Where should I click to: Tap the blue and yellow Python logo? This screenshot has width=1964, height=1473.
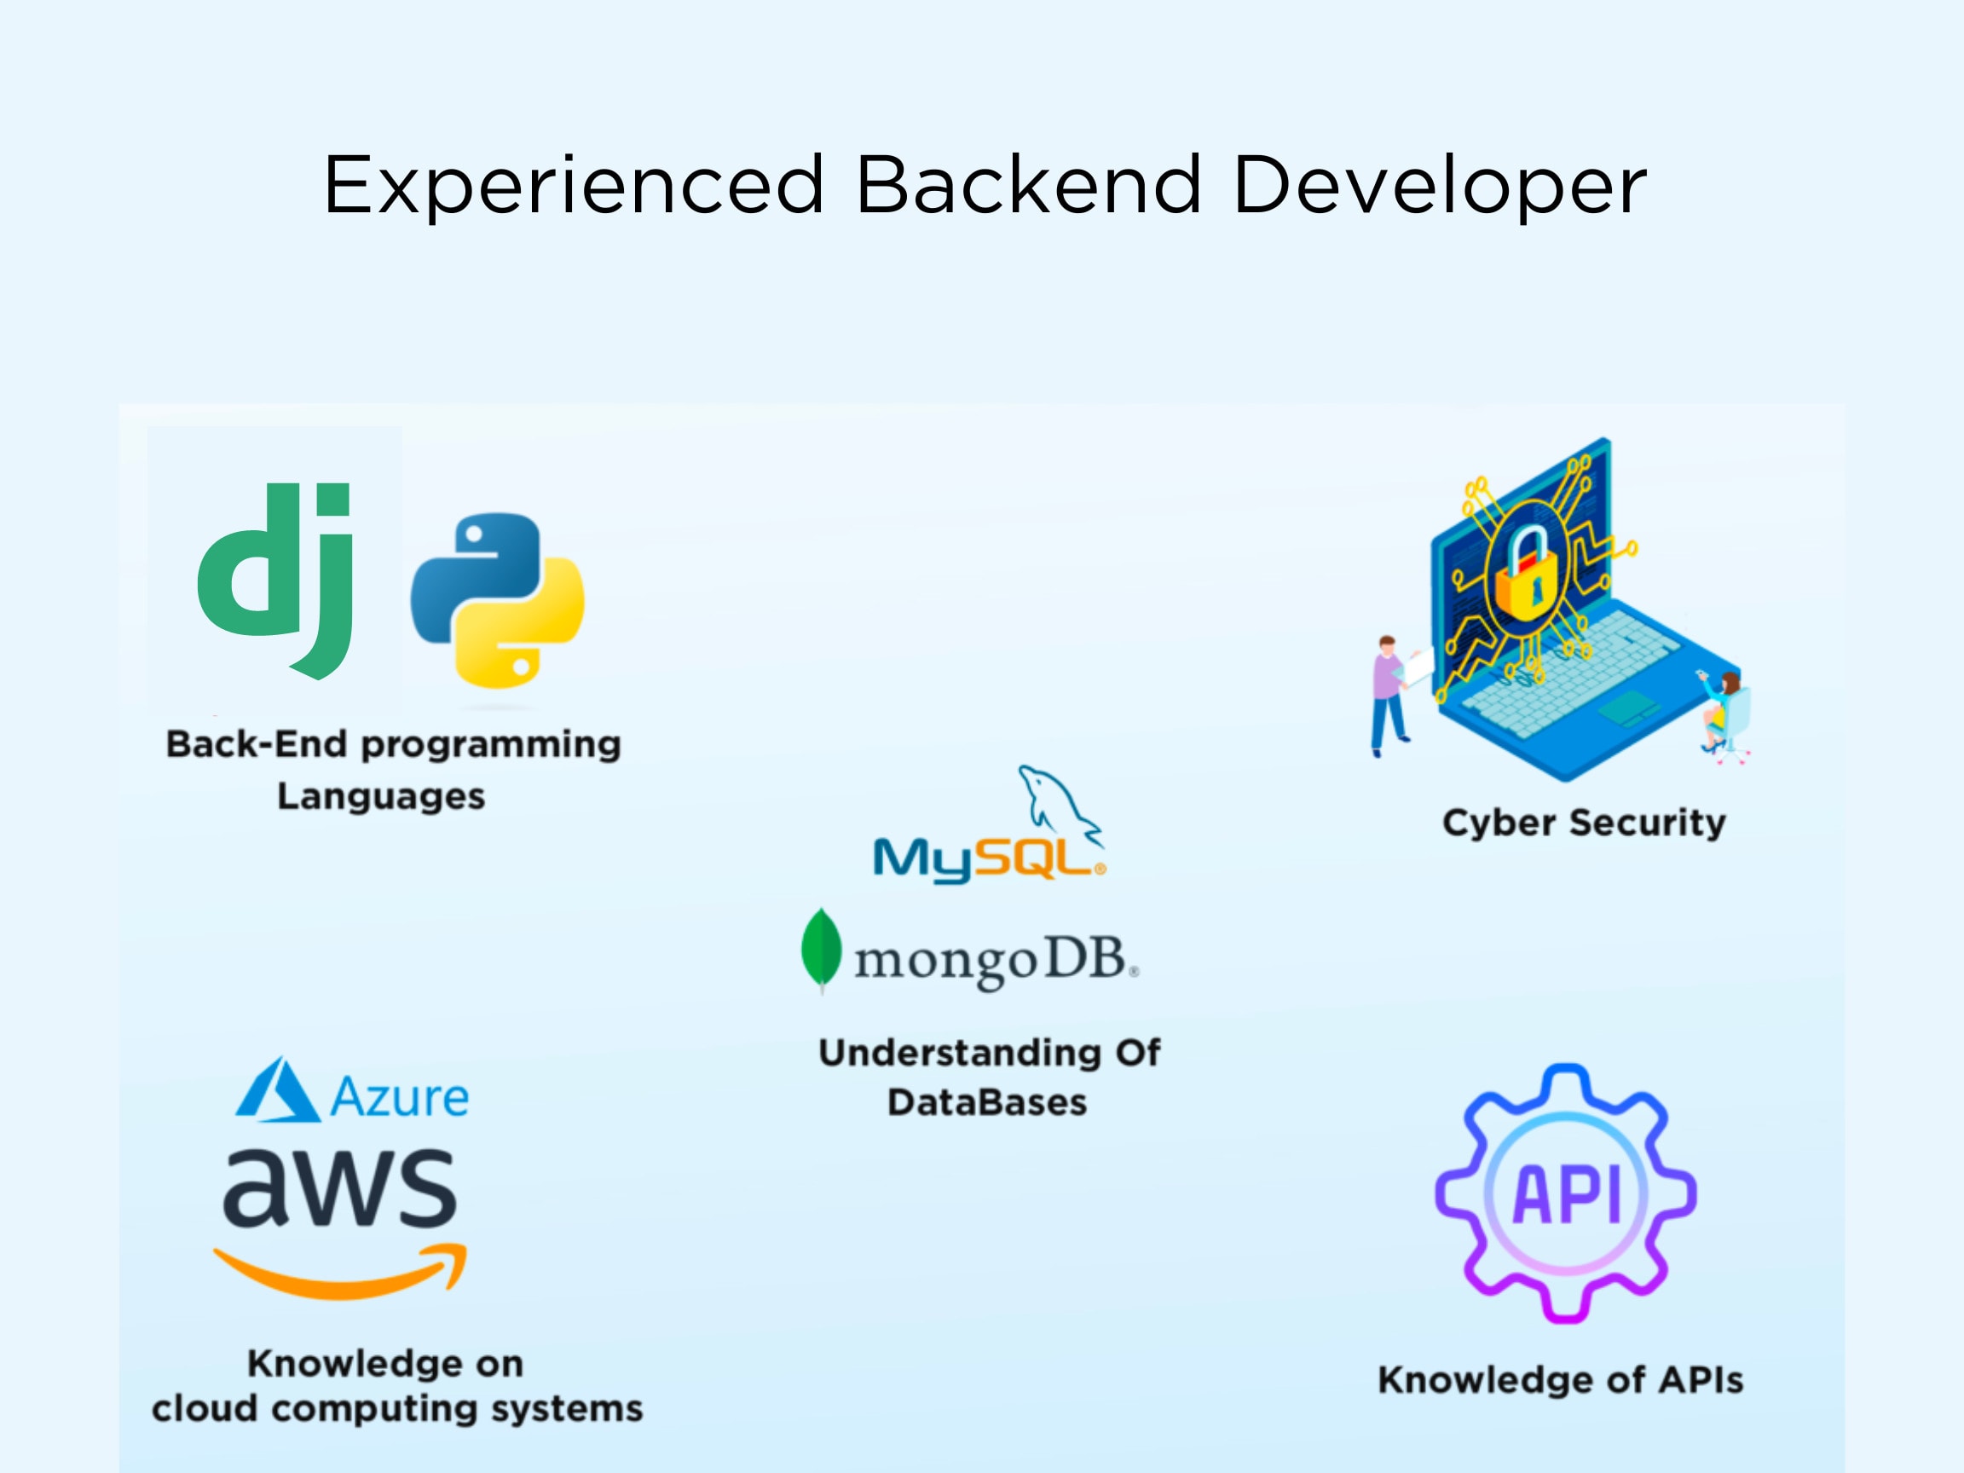click(497, 600)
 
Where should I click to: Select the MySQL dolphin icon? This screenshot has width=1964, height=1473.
click(1060, 805)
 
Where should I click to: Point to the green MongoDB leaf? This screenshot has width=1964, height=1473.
click(821, 948)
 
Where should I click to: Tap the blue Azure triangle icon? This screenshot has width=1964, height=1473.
click(277, 1089)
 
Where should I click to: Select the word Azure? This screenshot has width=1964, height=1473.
click(400, 1097)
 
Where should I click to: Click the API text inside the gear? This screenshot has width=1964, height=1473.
click(1567, 1194)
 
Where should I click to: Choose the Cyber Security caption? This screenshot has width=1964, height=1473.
click(1584, 823)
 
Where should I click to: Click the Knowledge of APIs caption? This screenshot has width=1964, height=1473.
click(1561, 1380)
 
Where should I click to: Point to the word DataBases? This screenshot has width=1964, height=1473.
click(987, 1103)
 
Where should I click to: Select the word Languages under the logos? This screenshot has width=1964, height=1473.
click(382, 796)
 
